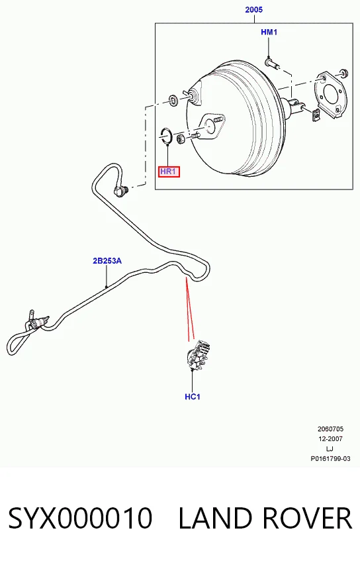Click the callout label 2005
254,10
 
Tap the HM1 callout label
269,32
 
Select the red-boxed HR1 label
169,172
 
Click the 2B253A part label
107,261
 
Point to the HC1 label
193,397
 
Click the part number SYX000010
80,518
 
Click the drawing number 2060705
330,429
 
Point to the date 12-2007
330,439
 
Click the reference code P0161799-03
330,459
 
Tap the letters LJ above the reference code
330,449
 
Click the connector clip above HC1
198,354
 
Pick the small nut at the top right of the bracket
344,73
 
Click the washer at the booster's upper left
173,99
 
